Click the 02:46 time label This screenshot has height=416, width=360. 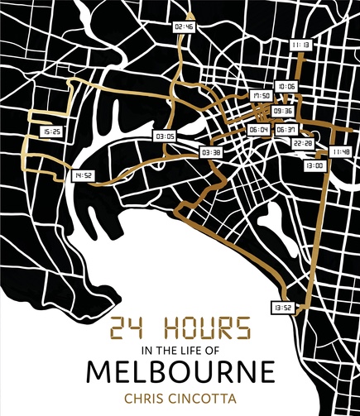tap(184, 26)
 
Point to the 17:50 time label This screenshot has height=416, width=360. tap(262, 97)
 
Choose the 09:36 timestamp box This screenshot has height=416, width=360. tap(283, 110)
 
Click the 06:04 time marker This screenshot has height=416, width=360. tap(258, 130)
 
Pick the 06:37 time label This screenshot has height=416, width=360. tap(286, 130)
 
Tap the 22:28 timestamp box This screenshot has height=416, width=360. tap(303, 143)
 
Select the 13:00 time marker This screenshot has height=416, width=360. tap(314, 165)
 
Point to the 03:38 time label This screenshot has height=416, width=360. tap(211, 152)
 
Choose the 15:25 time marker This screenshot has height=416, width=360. tap(51, 131)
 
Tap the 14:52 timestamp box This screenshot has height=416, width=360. tap(82, 175)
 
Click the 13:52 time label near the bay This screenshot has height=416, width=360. tap(281, 307)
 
